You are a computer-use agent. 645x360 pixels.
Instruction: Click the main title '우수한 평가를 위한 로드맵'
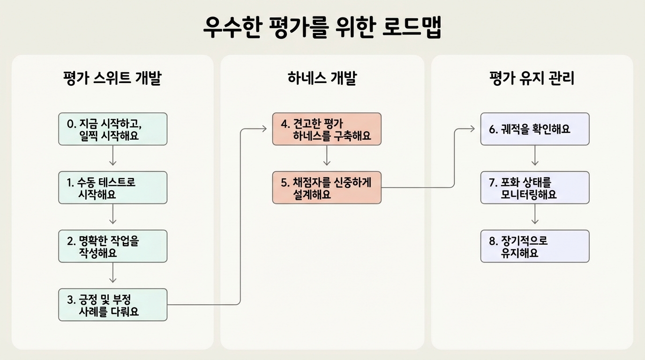pos(322,28)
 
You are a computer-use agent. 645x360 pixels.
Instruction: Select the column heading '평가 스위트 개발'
pos(112,78)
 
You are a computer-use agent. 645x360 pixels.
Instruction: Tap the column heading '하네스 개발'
pos(322,78)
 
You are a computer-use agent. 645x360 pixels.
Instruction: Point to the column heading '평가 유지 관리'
pos(532,78)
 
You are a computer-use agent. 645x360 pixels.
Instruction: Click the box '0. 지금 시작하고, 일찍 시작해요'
pos(112,129)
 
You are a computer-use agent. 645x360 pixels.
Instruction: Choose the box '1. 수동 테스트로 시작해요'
pos(112,187)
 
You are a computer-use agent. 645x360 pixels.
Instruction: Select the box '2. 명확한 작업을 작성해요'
pos(112,246)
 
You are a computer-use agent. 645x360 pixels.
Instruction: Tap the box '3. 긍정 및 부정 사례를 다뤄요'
pos(112,305)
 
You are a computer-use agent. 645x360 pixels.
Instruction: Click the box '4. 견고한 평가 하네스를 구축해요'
pos(327,129)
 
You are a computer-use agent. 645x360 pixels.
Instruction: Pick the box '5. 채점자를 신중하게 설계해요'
pos(327,187)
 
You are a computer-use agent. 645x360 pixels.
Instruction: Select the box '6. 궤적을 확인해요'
pos(535,129)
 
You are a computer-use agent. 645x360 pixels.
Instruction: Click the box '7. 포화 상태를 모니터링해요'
pos(535,187)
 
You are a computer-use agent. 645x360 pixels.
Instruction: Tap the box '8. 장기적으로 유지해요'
pos(535,246)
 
